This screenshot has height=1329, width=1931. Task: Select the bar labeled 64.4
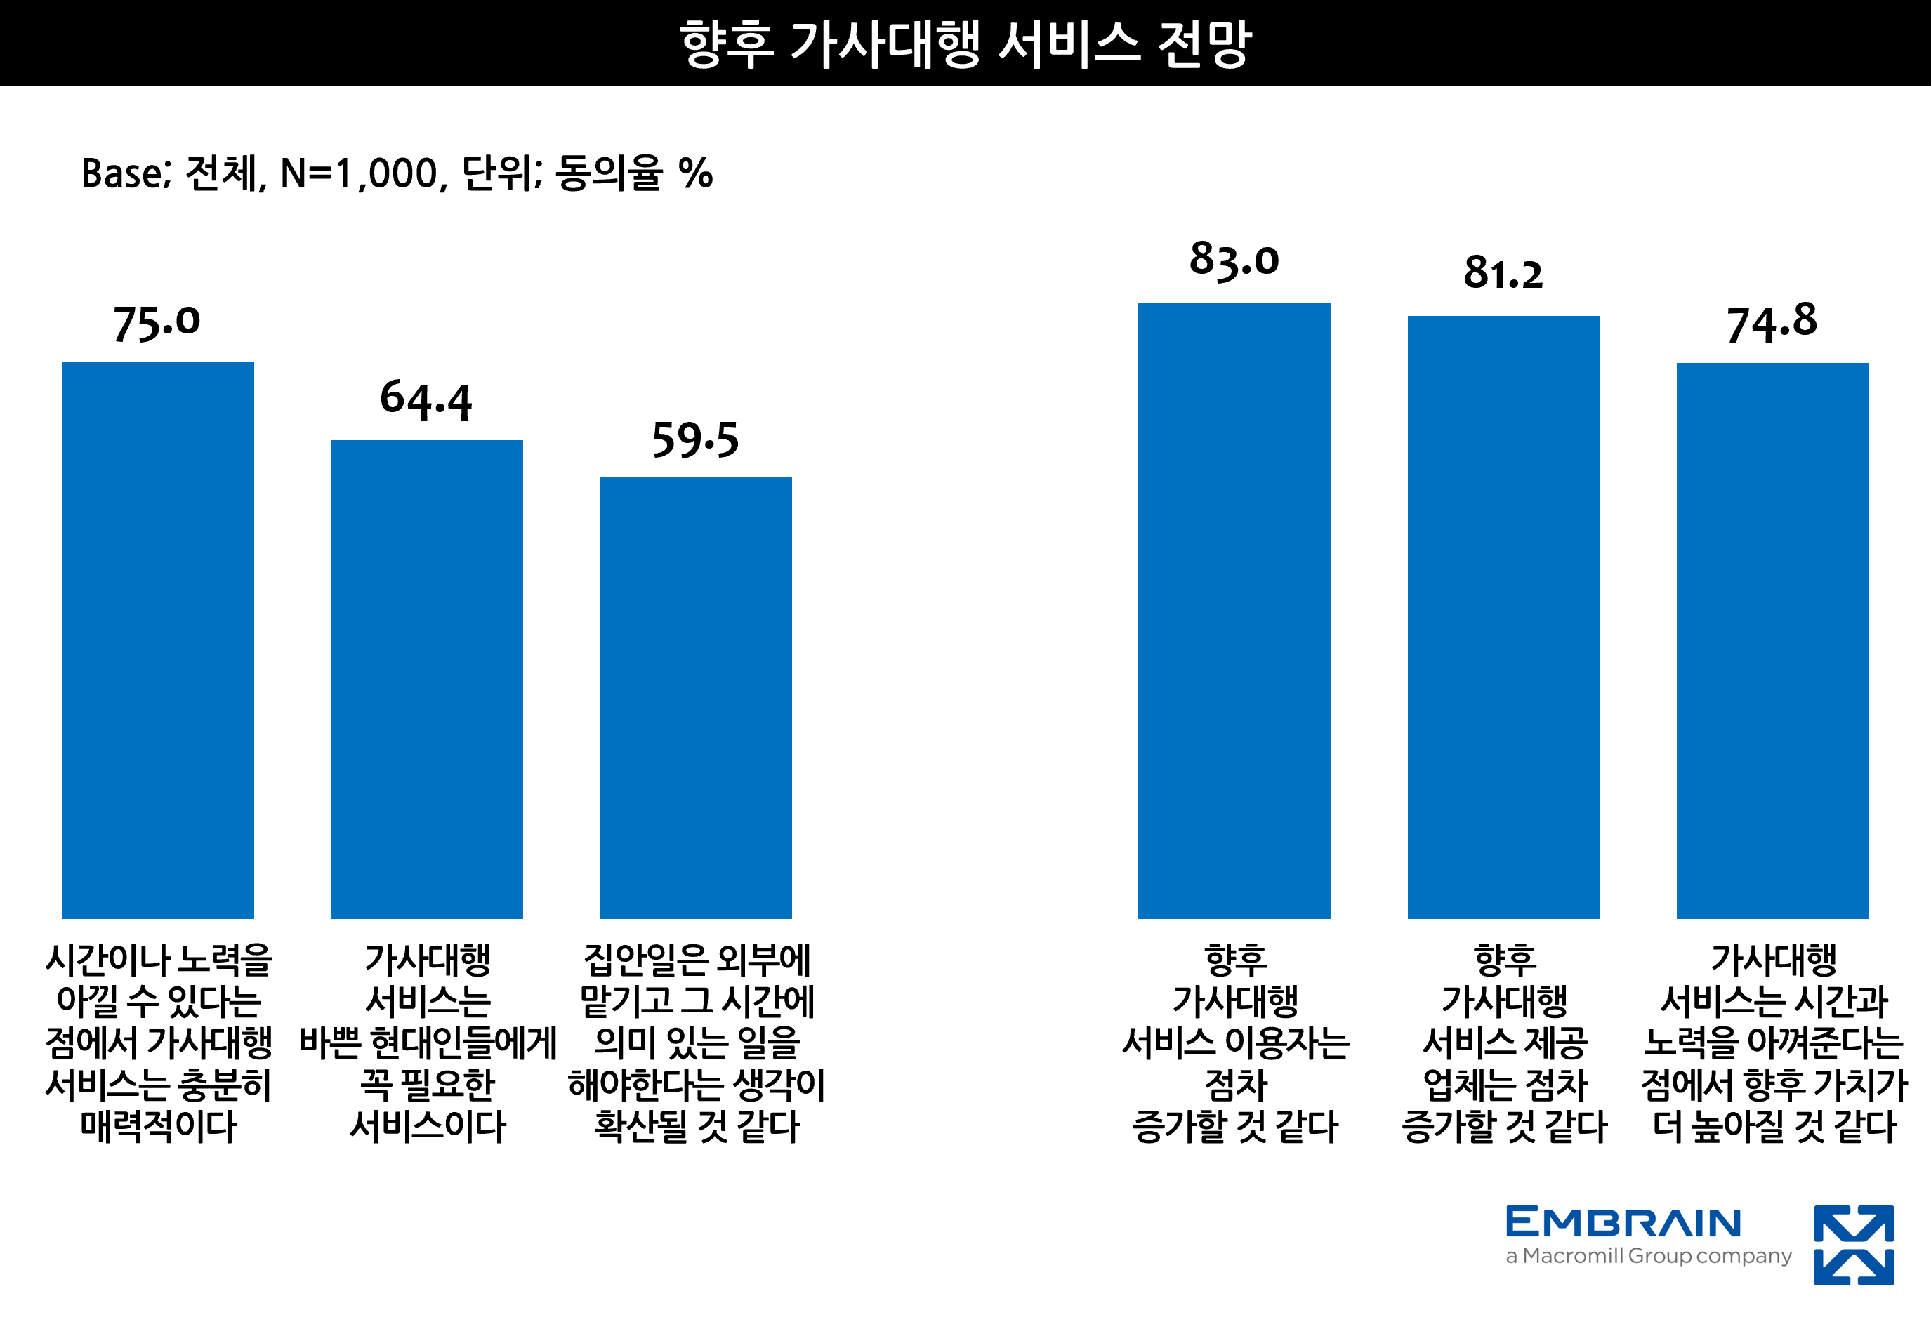point(426,679)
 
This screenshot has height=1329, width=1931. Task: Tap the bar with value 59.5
point(696,697)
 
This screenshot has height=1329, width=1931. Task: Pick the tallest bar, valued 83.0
point(1234,610)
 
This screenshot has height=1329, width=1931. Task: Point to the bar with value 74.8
point(1773,640)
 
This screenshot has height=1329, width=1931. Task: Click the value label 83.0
point(1234,259)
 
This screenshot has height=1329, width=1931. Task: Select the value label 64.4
point(426,399)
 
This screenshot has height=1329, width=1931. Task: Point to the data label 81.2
point(1503,273)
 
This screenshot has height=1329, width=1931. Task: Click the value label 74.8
point(1772,323)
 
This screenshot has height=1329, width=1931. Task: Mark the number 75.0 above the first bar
point(157,323)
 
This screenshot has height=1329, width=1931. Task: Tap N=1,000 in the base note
point(359,174)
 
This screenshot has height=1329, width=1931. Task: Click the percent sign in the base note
point(695,174)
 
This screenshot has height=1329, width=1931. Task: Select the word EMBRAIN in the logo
point(1623,1223)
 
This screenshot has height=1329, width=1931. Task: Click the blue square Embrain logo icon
point(1854,1245)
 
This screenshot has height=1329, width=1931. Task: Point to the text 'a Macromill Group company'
point(1648,1256)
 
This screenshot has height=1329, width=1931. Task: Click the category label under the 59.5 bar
point(696,1043)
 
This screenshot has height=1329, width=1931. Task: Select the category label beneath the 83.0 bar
point(1235,1043)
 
